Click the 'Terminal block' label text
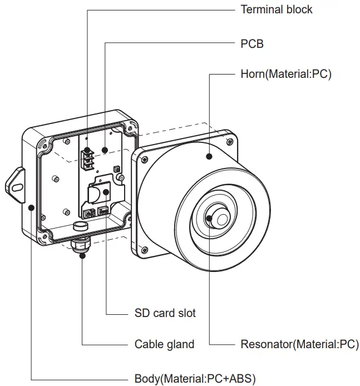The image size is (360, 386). coord(276,9)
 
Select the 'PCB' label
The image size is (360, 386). coord(251,42)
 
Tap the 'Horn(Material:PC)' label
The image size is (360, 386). coord(285,74)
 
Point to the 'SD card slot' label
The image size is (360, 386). coord(165,313)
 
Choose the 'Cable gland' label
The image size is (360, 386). coord(164,344)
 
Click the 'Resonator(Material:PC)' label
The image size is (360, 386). coord(299,344)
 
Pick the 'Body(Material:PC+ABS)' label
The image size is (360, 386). coord(195,378)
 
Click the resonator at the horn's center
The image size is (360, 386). coord(216,216)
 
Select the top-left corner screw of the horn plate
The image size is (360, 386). coord(145,160)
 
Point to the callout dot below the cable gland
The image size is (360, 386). coord(82,256)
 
